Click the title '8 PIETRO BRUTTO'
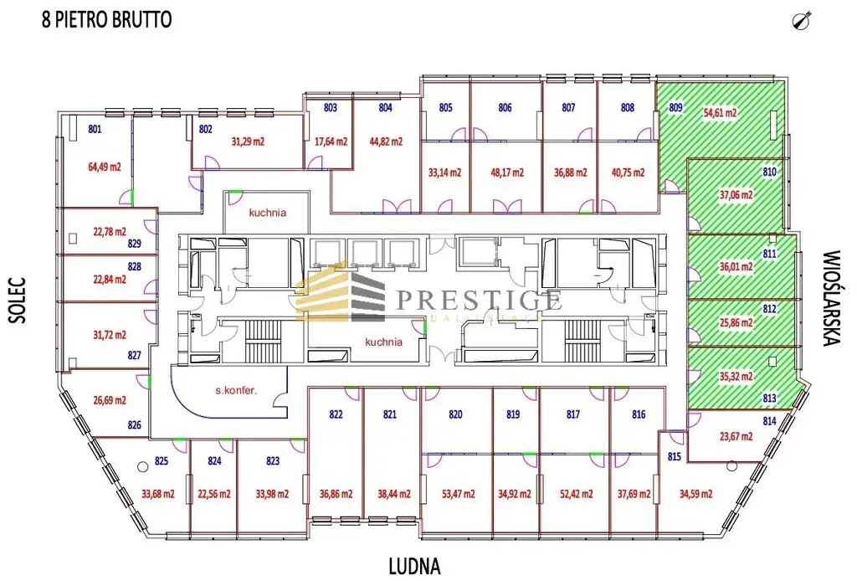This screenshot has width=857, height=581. coord(107,19)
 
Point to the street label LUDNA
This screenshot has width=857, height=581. coord(413,565)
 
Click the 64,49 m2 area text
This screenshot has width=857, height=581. coord(105,167)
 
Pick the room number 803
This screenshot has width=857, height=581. coord(330,108)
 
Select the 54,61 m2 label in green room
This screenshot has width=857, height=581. coord(720,112)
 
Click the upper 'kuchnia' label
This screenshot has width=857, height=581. coord(267,213)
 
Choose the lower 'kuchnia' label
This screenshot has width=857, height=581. coord(384,342)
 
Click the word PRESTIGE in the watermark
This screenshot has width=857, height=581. coord(479,298)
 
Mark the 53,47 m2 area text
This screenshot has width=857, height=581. coord(444,494)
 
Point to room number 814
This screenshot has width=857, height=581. coord(770,421)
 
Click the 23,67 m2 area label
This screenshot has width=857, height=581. coord(736,436)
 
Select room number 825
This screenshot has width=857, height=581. coord(162,461)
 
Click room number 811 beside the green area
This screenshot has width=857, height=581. coord(770,254)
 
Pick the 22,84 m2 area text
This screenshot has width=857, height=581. coord(109,280)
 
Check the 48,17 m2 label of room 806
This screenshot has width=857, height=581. coord(507,173)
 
